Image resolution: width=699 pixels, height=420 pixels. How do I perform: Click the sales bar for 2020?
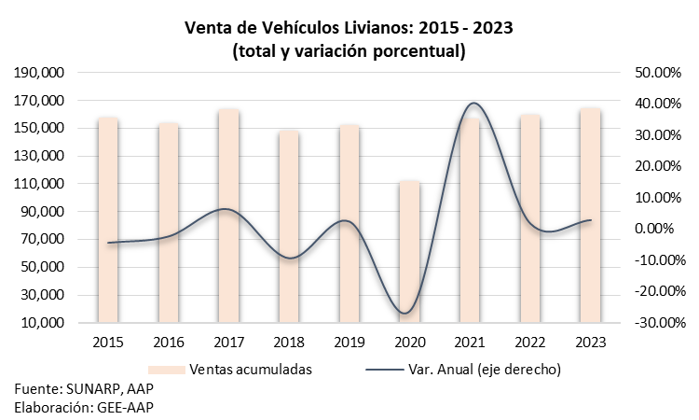point(409,252)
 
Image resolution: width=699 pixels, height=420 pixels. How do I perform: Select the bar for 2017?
point(228,216)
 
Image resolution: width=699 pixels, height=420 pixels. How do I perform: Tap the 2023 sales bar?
point(590,215)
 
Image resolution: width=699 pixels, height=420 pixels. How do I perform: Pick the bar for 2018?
point(289,227)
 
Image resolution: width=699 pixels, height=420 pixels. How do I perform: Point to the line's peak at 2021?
point(473,103)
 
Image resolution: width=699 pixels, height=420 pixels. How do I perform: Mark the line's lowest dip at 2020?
point(404,313)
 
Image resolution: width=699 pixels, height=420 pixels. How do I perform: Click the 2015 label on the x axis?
point(108,343)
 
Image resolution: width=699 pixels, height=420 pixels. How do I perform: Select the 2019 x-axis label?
point(349,343)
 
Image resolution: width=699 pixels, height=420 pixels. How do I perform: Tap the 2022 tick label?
point(530,343)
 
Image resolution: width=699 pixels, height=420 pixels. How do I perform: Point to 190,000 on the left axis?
point(39,72)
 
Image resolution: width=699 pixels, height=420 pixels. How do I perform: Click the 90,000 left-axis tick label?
point(43,212)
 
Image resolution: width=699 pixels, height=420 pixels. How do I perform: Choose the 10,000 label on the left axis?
point(43,322)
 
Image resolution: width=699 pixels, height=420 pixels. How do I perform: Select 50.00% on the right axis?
point(658,72)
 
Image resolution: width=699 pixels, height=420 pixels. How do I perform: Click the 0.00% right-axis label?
point(654,229)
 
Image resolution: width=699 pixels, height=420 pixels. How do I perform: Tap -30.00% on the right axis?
point(660,322)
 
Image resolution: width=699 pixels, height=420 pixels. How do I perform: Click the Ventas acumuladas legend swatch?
point(166,370)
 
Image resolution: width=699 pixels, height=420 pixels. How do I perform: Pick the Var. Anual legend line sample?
point(384,370)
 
